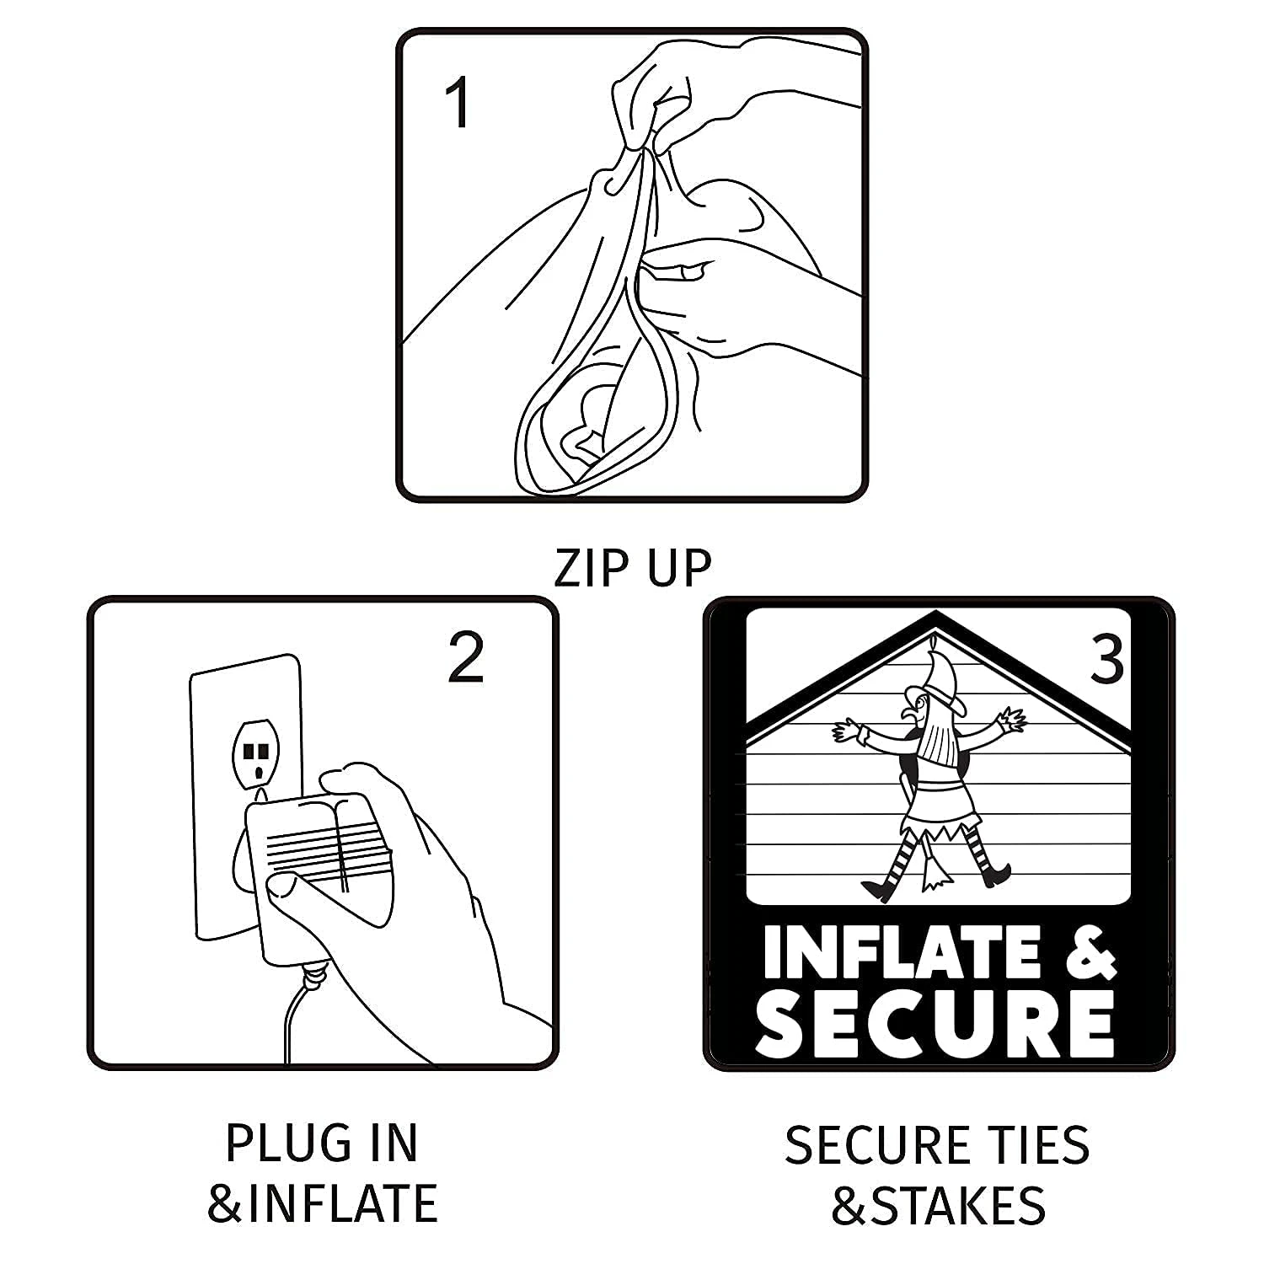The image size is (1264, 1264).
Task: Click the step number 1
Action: [x=458, y=104]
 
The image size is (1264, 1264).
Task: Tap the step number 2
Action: [x=466, y=658]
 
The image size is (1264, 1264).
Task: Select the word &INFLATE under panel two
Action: [x=323, y=1202]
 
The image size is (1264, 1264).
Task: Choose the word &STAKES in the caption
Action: [x=938, y=1204]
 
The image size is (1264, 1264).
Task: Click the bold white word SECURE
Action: [x=936, y=1022]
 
